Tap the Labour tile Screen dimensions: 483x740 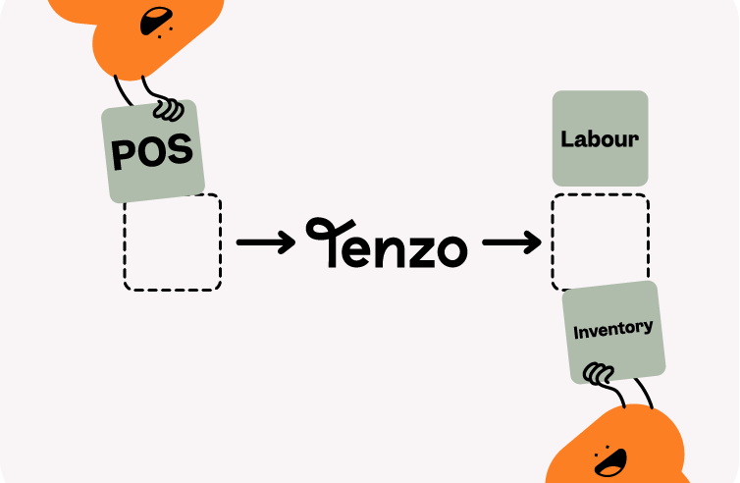click(600, 138)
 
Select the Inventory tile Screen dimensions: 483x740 click(613, 331)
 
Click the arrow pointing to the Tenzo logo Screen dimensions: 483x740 click(264, 242)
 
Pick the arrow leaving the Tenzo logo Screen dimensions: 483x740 click(510, 242)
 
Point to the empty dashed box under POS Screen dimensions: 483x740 click(173, 243)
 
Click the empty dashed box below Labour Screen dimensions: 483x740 click(600, 242)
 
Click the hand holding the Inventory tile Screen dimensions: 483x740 click(598, 373)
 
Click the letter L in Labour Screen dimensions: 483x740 click(566, 139)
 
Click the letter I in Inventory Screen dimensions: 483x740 click(576, 333)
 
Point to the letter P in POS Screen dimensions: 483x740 click(122, 156)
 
